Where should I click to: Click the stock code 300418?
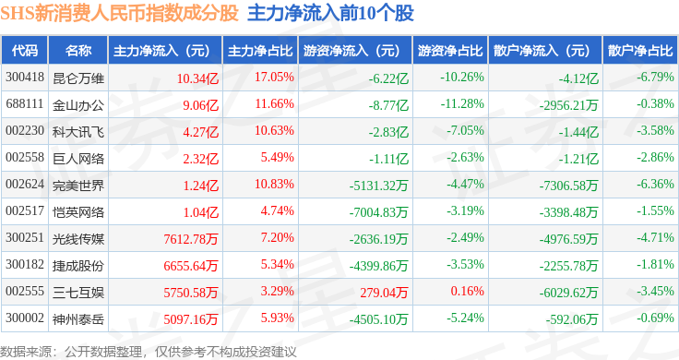(25, 78)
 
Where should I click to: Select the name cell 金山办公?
(78, 105)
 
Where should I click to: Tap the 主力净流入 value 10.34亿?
(197, 78)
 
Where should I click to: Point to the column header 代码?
(25, 51)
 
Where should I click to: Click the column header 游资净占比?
(450, 51)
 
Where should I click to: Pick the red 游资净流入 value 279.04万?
(384, 293)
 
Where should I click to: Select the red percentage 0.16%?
(467, 291)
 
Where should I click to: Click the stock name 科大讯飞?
(78, 132)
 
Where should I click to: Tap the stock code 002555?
(25, 291)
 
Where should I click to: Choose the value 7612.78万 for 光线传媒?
(191, 239)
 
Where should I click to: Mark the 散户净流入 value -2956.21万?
(568, 105)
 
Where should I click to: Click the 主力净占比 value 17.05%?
(274, 78)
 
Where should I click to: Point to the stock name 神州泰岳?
(78, 319)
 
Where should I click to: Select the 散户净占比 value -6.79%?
(655, 78)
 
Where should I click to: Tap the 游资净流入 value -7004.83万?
(378, 212)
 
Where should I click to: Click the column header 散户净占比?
(640, 51)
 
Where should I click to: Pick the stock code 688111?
(25, 104)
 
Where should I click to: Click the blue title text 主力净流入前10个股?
(331, 13)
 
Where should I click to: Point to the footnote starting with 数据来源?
(149, 352)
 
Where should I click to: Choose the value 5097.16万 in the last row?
(191, 319)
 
